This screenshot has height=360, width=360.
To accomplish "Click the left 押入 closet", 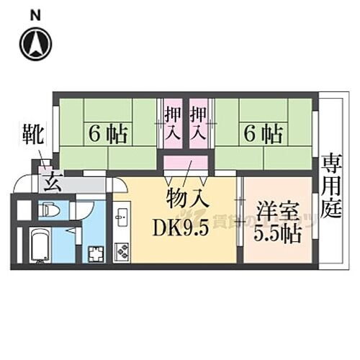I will point(172,123).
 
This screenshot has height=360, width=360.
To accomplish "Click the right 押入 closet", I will point(199,123).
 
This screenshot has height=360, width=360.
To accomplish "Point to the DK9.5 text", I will point(181,228).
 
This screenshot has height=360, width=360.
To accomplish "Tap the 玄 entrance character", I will point(51,184).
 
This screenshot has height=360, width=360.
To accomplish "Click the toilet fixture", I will point(49,210).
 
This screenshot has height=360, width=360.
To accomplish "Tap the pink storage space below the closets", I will point(186,163).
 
